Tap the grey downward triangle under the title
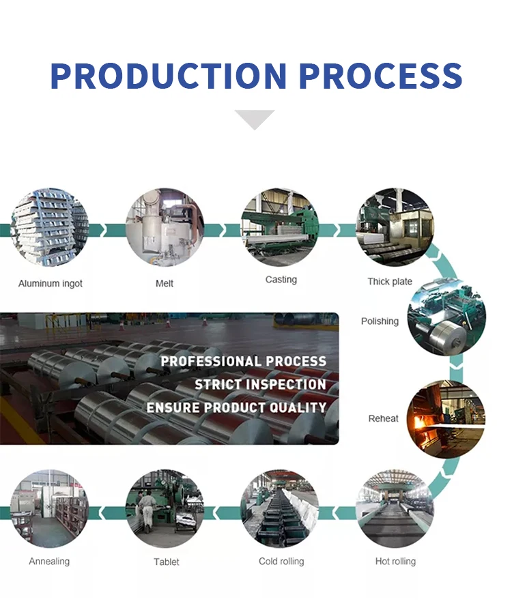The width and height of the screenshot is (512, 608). pos(254,119)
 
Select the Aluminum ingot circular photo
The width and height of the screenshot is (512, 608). pos(49,227)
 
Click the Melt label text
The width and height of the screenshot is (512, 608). pos(165,283)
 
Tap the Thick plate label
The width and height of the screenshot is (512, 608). pos(390,281)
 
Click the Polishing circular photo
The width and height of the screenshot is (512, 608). pos(446,317)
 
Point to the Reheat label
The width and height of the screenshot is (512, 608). pos(383,418)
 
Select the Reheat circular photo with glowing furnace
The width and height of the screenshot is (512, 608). pos(446,418)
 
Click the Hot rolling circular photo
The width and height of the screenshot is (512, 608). pos(395,509)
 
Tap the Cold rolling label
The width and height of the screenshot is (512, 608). pos(281,562)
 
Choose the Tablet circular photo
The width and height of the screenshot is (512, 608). pos(165,509)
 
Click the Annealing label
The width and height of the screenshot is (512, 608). pos(49,562)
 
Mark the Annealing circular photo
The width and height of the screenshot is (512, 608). pos(49,509)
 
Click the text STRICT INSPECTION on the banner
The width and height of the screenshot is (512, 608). pos(260,384)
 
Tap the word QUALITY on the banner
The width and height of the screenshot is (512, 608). pos(295,407)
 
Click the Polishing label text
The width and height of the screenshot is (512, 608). pos(380,321)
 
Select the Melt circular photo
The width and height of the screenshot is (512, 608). pos(165,227)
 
